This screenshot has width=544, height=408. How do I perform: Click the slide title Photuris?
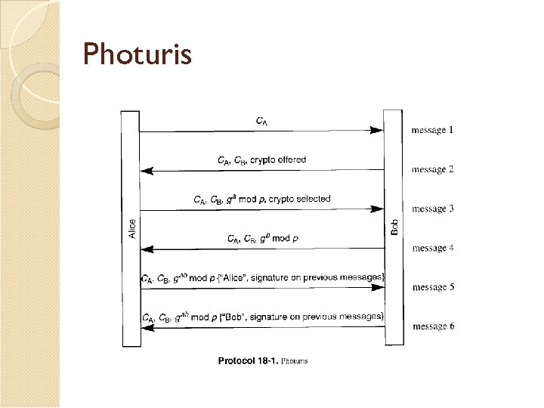click(138, 54)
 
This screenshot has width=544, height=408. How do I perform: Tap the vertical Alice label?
click(133, 228)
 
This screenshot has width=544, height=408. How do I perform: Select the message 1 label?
click(432, 130)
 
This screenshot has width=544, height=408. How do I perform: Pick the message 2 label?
click(432, 169)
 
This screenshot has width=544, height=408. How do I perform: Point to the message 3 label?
click(432, 209)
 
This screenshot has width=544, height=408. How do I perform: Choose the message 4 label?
click(432, 248)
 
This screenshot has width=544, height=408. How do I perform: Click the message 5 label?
click(432, 287)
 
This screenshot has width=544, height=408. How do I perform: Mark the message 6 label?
click(432, 326)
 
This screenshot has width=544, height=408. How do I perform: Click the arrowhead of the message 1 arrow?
click(377, 131)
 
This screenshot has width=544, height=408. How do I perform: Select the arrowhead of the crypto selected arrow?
click(377, 210)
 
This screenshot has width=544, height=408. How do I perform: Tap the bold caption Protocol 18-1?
click(247, 361)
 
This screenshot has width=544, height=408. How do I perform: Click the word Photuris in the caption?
click(295, 361)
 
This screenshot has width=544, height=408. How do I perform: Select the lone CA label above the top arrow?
click(261, 120)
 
